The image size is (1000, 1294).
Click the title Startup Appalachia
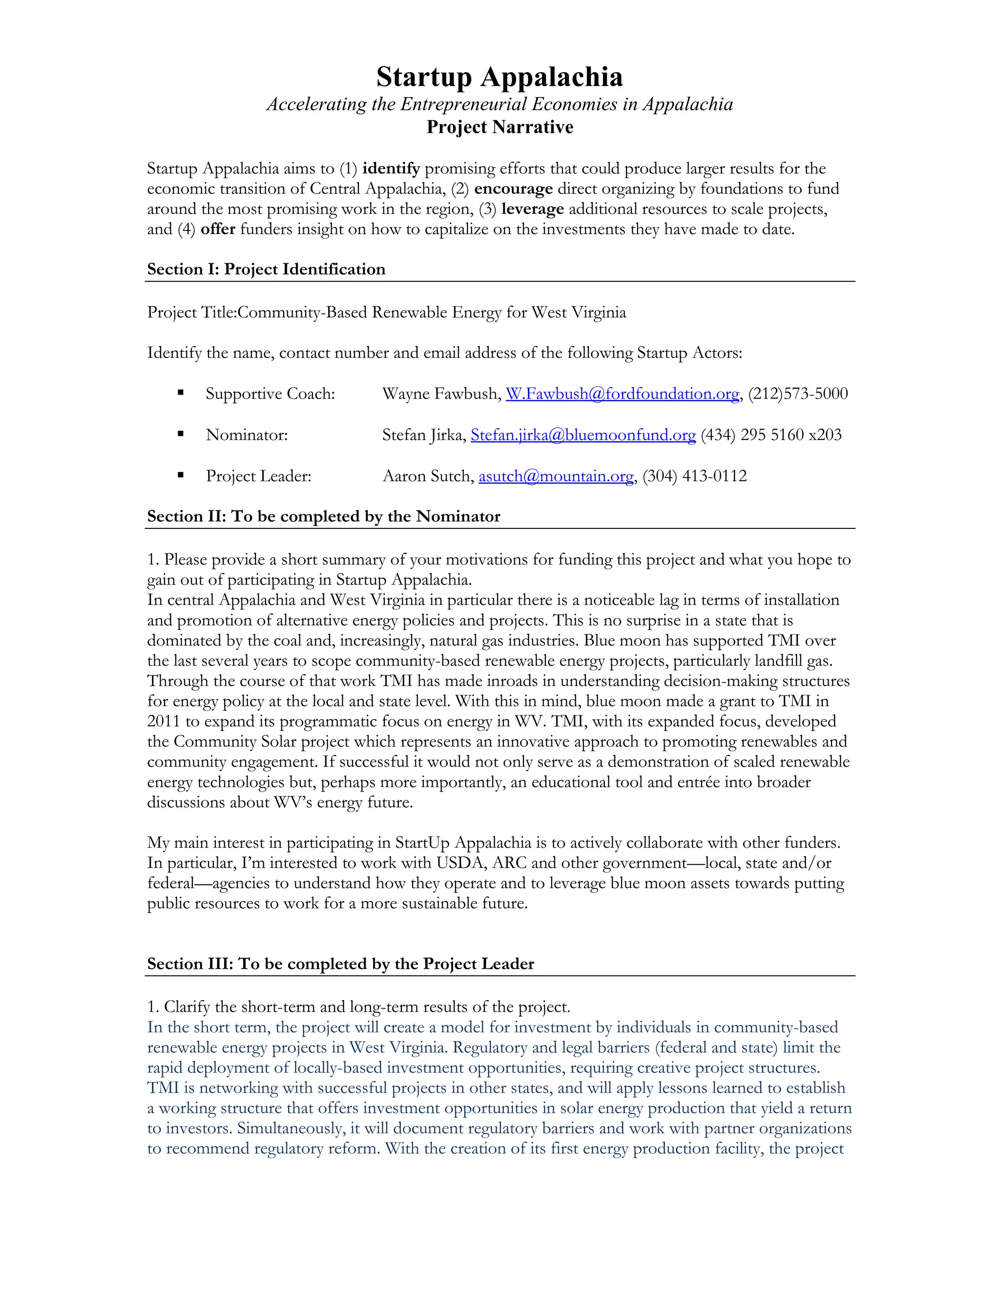tap(500, 77)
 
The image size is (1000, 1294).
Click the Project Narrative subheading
tap(500, 127)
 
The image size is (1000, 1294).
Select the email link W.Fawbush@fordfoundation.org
tap(622, 394)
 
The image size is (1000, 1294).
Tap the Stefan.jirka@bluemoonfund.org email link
tap(583, 435)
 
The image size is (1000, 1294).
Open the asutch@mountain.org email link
tap(556, 477)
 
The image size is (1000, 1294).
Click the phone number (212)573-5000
tap(798, 394)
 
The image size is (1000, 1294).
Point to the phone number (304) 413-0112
tap(694, 477)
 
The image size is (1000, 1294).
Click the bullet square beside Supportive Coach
tap(181, 393)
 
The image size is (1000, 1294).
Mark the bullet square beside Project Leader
tap(181, 475)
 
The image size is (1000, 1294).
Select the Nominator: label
tap(247, 436)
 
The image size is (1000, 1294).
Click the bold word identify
tap(391, 169)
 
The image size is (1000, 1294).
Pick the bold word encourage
tap(513, 189)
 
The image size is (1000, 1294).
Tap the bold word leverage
tap(532, 209)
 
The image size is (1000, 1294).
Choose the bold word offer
tap(218, 230)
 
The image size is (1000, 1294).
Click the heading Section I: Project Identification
tap(266, 270)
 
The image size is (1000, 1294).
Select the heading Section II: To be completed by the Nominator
tap(323, 517)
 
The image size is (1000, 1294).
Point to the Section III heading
tap(340, 964)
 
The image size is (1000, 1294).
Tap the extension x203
tap(825, 435)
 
